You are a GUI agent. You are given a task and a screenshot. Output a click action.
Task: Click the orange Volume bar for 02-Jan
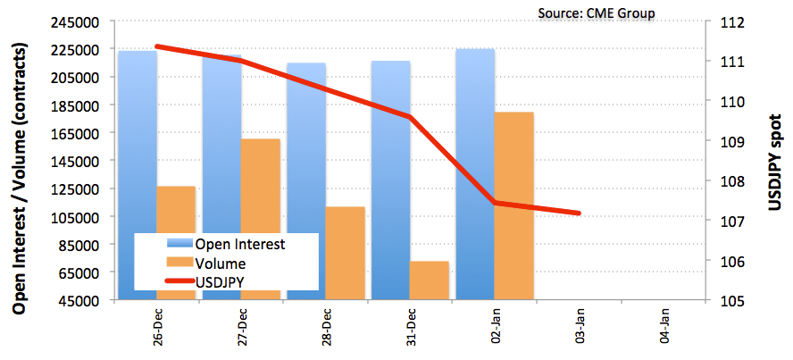click(x=513, y=205)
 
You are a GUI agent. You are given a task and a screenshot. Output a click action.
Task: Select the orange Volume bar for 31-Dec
click(x=430, y=280)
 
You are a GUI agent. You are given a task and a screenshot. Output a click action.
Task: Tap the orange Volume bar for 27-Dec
click(x=261, y=219)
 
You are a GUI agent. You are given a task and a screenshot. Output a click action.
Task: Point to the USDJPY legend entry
click(x=221, y=282)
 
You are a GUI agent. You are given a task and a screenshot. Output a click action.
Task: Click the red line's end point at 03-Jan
click(x=580, y=213)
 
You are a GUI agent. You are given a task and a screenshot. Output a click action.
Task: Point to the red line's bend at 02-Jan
click(x=496, y=203)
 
